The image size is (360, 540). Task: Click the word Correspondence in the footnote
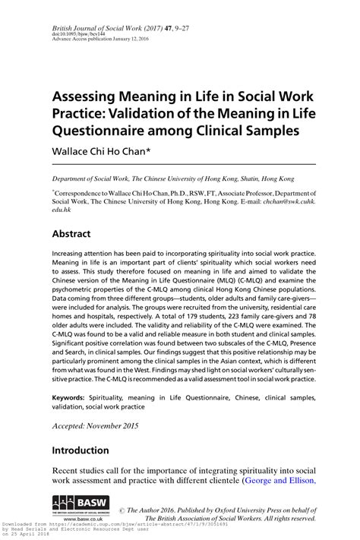click(x=84, y=194)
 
